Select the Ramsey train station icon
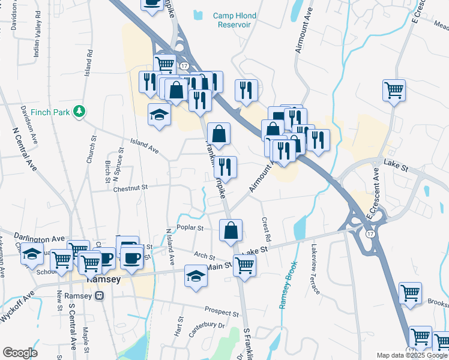click(x=99, y=295)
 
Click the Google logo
click(x=20, y=352)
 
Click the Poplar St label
click(x=190, y=228)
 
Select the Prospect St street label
click(x=221, y=312)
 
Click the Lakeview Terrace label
click(x=316, y=268)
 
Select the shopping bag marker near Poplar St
click(x=231, y=230)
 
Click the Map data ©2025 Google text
click(x=411, y=355)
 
